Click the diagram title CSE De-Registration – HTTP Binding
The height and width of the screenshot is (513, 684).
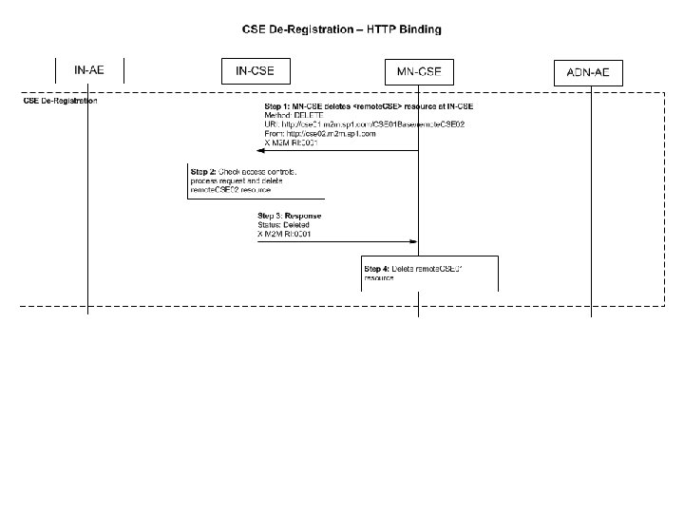[341, 29]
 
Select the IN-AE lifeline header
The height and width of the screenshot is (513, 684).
[88, 70]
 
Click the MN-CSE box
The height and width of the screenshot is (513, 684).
[419, 71]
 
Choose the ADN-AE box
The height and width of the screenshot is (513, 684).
[589, 72]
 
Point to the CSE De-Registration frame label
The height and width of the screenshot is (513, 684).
[60, 101]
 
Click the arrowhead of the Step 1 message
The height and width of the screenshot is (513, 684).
[268, 151]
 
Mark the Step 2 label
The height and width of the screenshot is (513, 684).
[203, 172]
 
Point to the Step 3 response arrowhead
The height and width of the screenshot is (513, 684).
[414, 242]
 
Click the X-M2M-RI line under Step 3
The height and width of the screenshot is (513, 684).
[285, 234]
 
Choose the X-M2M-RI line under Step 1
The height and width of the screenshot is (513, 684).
[291, 143]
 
